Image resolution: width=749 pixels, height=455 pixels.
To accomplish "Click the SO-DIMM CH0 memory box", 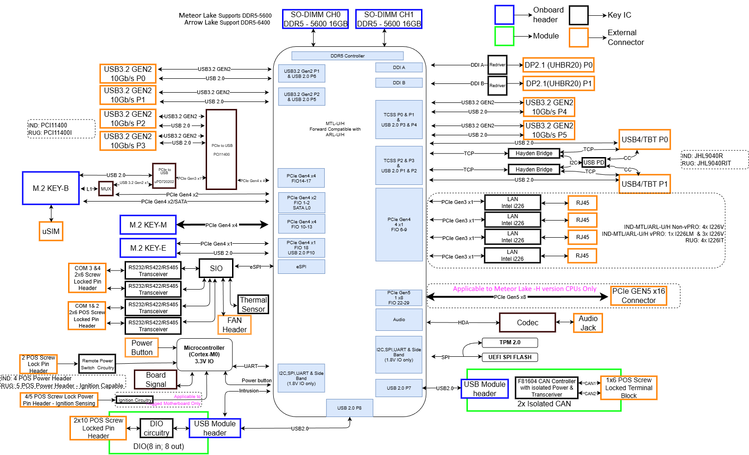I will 315,19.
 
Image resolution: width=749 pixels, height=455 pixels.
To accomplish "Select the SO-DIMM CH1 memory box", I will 389,19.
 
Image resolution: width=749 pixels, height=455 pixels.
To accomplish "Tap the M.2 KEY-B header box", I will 51,188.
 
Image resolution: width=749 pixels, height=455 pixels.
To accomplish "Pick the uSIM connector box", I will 51,231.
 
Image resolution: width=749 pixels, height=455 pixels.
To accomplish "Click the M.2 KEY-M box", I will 148,225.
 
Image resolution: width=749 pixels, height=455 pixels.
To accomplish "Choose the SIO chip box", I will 216,268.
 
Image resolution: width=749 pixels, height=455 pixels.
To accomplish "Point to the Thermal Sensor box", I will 253,304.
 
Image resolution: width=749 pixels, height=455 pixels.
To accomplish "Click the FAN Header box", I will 234,325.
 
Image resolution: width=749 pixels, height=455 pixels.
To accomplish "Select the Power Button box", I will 142,348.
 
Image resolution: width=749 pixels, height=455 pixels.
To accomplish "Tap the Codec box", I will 527,322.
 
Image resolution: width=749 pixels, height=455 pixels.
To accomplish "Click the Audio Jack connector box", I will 588,323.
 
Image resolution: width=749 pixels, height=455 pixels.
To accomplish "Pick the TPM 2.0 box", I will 510,342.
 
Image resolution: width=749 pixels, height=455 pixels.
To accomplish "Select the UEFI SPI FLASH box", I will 510,357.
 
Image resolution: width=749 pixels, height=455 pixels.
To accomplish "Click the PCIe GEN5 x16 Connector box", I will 638,296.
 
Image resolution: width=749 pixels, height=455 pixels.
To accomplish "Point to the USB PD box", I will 594,163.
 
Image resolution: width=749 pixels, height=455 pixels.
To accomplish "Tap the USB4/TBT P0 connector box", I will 644,139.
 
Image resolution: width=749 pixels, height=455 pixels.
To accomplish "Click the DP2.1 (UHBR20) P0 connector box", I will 558,65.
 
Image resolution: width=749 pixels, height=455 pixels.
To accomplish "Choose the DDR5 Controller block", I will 347,56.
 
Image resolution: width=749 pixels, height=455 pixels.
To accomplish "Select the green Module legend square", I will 504,36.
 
